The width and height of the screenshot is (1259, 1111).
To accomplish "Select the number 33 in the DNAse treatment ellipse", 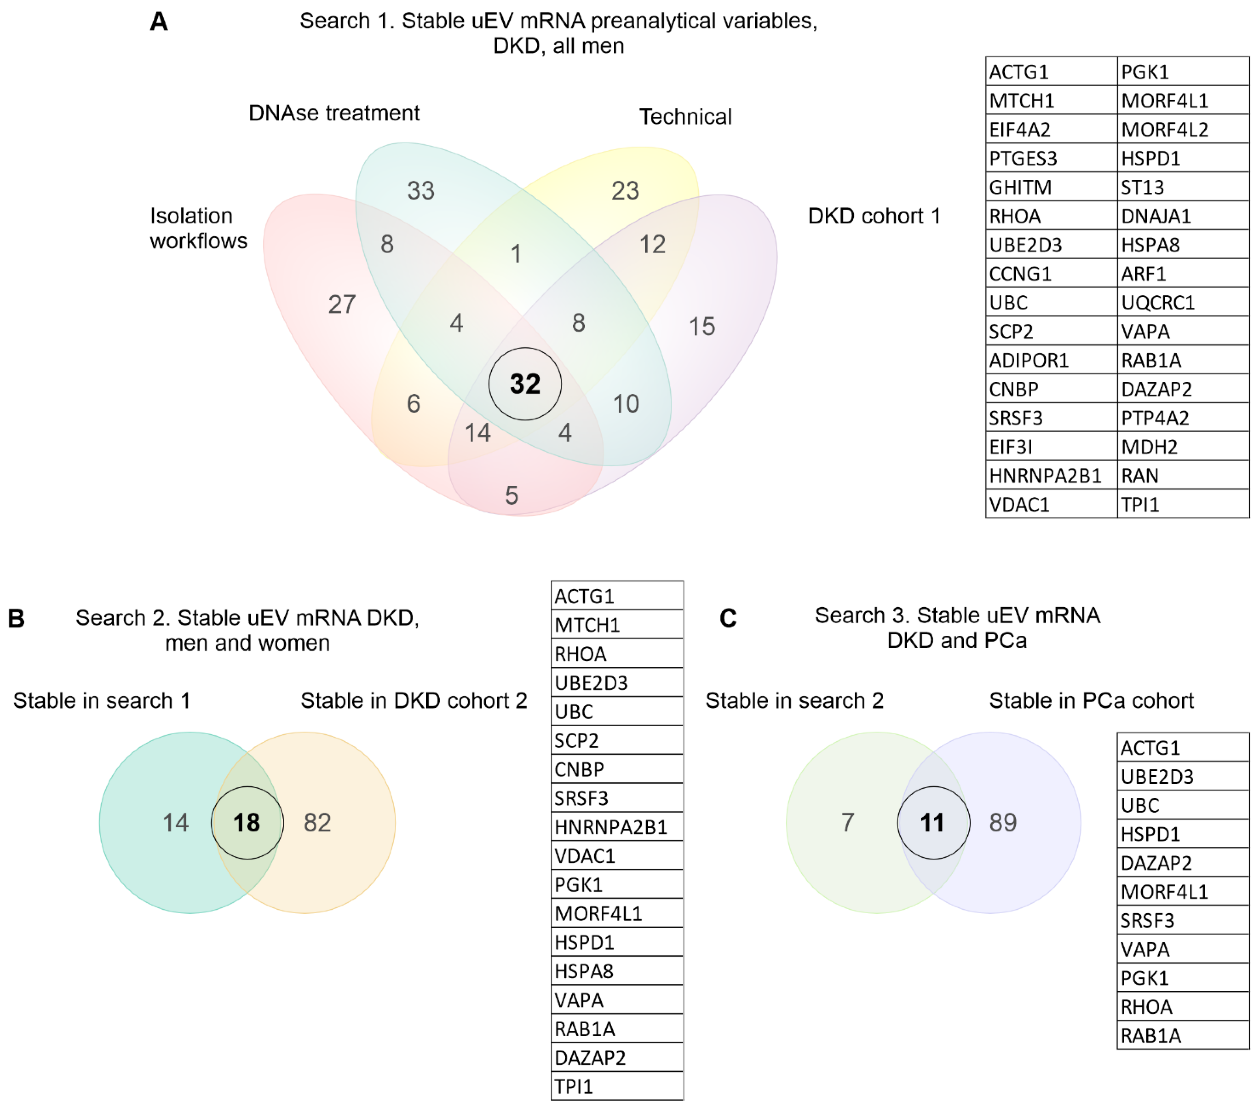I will [x=421, y=191].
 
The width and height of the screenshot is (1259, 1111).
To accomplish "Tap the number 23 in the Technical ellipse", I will [x=625, y=191].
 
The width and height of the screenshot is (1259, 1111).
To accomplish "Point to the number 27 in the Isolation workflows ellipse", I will [x=342, y=304].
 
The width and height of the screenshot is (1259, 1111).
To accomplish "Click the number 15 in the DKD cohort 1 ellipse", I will [x=701, y=326].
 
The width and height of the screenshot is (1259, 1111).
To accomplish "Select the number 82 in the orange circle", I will [x=317, y=823].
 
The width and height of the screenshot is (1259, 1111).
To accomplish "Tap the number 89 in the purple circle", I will [x=1003, y=823].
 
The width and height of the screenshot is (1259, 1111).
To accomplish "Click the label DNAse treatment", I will [x=334, y=113].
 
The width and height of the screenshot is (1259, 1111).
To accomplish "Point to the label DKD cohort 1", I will [x=874, y=216].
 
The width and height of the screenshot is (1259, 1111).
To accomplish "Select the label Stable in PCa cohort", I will [x=1091, y=701].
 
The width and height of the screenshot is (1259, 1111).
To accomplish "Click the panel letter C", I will [x=728, y=618].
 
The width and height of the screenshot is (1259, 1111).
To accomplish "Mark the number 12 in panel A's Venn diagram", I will [x=652, y=245].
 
